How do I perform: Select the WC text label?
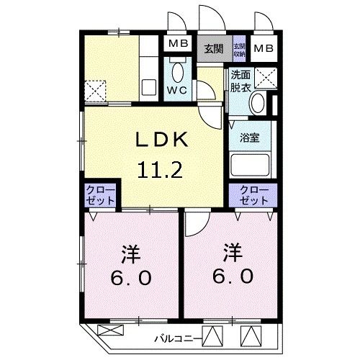click(x=178, y=91)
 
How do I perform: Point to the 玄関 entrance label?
click(x=212, y=49)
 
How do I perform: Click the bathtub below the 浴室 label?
click(x=249, y=166)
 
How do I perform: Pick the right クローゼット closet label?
click(x=252, y=195)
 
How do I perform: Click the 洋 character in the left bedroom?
click(x=130, y=253)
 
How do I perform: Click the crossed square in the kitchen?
click(x=96, y=89)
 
